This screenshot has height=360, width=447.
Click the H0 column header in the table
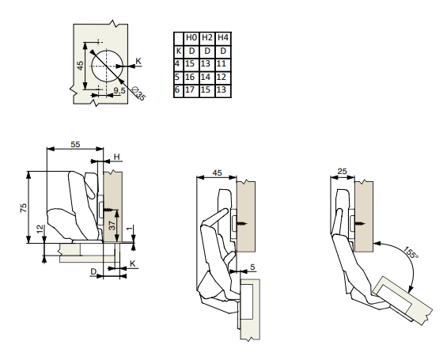[191, 38]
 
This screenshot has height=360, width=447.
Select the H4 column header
[222, 38]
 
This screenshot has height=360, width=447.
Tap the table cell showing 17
[190, 89]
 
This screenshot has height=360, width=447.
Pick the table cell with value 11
[222, 63]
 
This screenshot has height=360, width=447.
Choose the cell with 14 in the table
[206, 77]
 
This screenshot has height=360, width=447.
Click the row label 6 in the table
[177, 89]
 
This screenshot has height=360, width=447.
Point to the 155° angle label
[411, 252]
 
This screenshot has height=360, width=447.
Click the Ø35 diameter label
[139, 93]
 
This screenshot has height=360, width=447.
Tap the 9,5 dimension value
[119, 90]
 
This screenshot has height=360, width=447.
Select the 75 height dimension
[24, 207]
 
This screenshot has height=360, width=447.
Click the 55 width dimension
[75, 145]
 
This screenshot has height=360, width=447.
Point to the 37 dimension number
[112, 225]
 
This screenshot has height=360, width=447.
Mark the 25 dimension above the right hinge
[342, 172]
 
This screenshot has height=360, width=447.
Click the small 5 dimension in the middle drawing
[252, 267]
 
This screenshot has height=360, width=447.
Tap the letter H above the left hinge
[116, 157]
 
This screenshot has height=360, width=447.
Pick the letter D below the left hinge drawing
[93, 271]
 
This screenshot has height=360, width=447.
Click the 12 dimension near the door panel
[40, 229]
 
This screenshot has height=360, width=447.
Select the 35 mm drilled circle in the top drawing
[107, 66]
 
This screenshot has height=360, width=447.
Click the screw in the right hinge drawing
[359, 224]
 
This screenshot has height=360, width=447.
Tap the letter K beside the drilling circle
[138, 61]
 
